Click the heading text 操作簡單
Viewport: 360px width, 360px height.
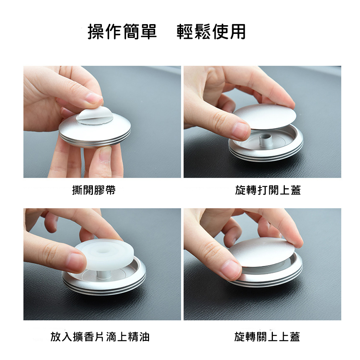point(122,32)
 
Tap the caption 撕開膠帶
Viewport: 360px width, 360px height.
point(94,190)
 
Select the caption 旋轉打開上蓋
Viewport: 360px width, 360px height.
point(268,190)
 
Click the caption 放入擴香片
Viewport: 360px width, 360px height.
point(77,337)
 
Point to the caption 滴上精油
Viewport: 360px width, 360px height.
point(128,337)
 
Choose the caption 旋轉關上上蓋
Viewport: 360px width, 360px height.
point(267,337)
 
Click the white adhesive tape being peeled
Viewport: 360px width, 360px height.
point(94,116)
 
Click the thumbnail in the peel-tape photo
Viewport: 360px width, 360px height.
point(104,156)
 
